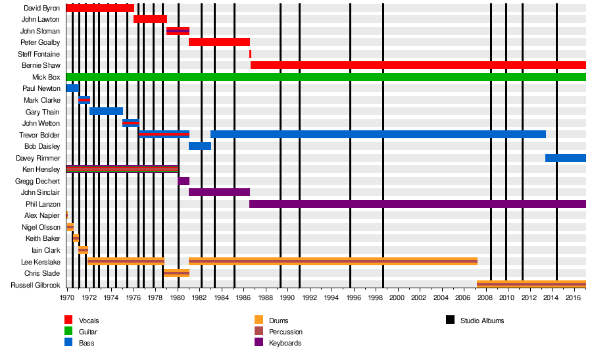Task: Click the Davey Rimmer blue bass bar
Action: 565,158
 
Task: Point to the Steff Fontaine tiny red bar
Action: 250,54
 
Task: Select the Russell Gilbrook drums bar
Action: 531,284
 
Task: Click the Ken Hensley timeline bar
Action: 122,169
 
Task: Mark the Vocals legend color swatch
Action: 68,321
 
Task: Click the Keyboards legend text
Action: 285,343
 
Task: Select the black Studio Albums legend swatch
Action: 450,321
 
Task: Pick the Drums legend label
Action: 278,321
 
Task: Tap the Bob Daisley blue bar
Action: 199,146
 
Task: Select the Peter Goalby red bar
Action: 219,42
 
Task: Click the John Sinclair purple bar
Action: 219,192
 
